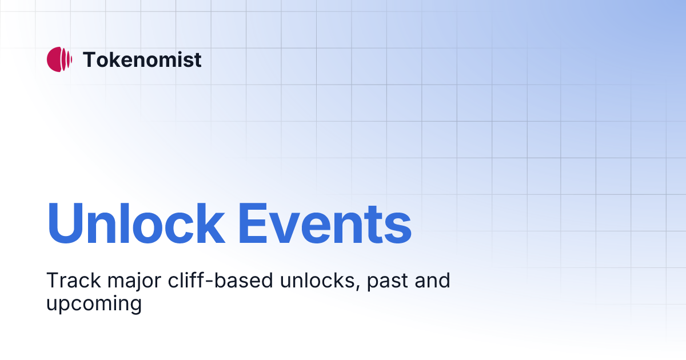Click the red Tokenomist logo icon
tap(59, 59)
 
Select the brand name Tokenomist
tap(142, 59)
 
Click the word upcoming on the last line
tap(94, 303)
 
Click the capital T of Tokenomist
tap(90, 59)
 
